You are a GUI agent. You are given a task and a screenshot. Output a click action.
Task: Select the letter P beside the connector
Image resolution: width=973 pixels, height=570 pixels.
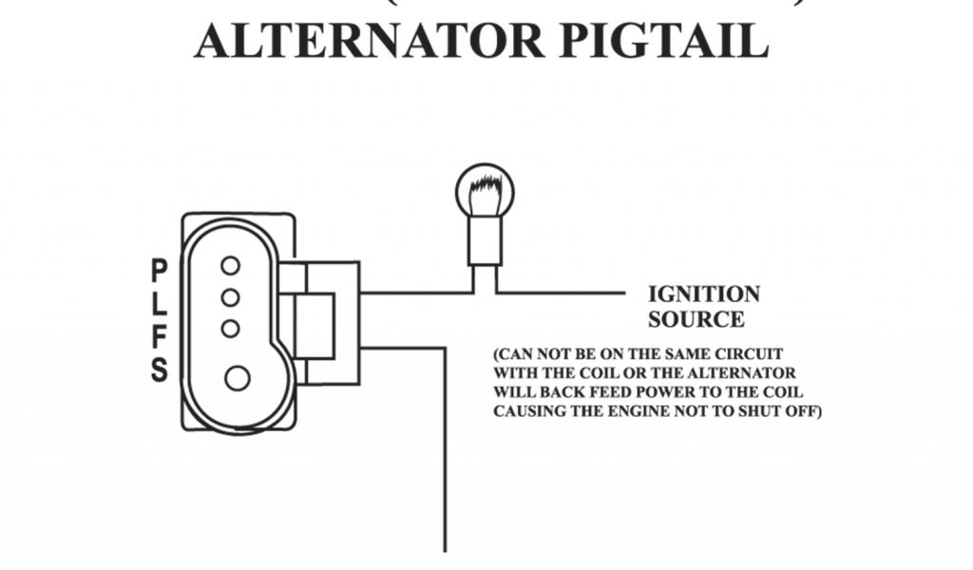tap(159, 271)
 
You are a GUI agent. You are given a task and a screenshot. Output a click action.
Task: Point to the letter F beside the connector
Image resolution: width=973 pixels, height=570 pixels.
tap(159, 336)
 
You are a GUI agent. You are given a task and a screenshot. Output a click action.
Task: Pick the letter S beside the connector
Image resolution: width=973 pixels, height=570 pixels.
tap(159, 370)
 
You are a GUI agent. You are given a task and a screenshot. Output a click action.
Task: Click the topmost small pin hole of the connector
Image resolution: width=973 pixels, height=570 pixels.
tap(230, 265)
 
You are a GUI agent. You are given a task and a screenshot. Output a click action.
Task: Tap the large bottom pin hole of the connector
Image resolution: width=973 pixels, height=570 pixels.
tap(237, 378)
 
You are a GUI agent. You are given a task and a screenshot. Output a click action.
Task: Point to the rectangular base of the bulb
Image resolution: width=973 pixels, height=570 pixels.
tap(485, 240)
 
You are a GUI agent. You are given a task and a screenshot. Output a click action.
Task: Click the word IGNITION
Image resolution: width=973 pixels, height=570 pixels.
tap(703, 294)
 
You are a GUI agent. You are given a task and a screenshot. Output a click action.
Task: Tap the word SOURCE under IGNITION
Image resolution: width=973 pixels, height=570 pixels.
tap(696, 319)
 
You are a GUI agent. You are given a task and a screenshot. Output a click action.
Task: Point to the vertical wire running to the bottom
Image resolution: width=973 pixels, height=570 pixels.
tap(445, 456)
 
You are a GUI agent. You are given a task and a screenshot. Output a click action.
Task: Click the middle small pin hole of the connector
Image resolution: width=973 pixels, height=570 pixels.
tap(230, 297)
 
